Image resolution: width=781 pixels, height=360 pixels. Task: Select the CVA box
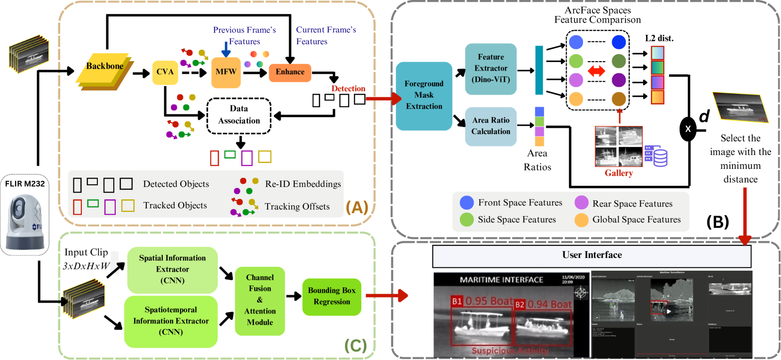165,72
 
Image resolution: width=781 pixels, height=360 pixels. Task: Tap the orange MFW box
226,72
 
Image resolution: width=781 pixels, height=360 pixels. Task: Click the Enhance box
290,72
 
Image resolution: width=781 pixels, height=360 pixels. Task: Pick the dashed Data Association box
239,115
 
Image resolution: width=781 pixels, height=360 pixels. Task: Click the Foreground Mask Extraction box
424,95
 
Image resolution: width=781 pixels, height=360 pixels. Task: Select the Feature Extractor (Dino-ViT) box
490,69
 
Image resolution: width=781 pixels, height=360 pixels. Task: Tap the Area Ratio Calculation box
490,126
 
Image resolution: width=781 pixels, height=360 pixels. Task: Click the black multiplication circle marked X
688,128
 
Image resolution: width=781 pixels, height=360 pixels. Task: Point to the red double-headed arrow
596,71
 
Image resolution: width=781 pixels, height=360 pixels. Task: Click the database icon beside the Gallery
656,156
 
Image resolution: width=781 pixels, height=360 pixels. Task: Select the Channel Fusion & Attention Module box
260,300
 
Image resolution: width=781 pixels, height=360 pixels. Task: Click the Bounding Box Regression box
331,297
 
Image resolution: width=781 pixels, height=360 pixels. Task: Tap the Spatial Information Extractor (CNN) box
172,270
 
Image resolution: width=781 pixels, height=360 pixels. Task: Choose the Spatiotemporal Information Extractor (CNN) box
171,321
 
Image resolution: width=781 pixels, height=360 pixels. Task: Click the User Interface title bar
592,255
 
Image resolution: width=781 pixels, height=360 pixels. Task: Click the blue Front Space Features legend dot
466,203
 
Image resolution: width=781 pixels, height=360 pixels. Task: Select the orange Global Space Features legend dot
582,220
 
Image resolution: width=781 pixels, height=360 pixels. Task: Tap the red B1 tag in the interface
457,301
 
